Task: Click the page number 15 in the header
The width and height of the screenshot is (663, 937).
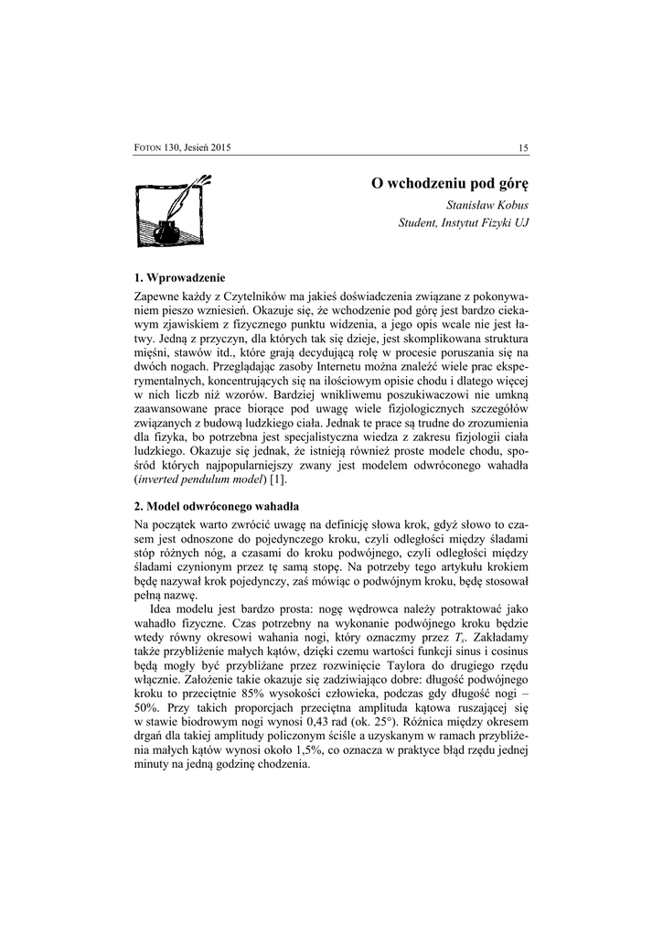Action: click(x=524, y=148)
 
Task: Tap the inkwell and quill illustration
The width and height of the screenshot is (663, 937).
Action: click(x=171, y=210)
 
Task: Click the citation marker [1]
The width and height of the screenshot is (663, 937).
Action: click(x=276, y=479)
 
